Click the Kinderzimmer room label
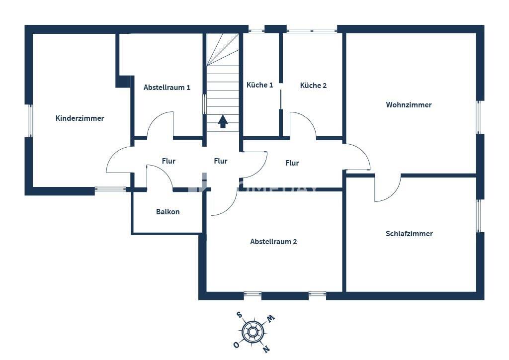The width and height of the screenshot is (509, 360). pos(80,118)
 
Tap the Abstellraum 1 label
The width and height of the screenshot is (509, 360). pos(167,88)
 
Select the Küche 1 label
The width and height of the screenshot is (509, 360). pos(259,85)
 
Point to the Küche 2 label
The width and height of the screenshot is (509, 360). pos(313,86)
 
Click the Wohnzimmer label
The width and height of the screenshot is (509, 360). pos(409,105)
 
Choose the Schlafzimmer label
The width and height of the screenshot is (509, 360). pos(409,234)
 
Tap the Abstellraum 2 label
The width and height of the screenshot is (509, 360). pos(273,242)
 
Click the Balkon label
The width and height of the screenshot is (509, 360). pos(168,212)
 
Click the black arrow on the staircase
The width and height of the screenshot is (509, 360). pos(223,121)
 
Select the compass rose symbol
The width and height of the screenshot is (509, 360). pos(253,331)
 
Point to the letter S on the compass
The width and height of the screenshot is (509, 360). pos(239,315)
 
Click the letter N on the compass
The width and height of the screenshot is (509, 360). pos(266,348)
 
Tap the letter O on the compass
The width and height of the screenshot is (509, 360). pos(236,345)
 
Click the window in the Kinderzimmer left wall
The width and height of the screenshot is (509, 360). pos(30,120)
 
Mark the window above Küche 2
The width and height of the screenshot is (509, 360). pos(312,30)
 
